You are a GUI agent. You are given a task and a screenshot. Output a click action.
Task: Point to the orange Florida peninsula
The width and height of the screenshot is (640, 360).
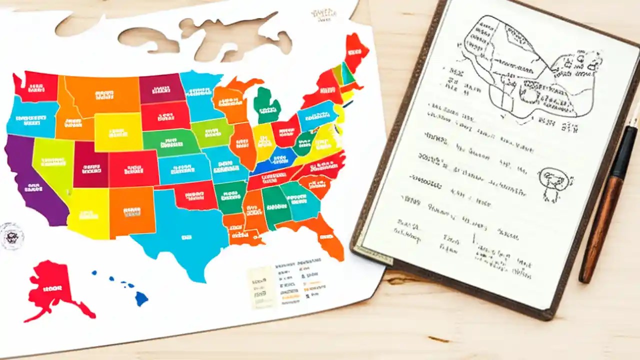327,240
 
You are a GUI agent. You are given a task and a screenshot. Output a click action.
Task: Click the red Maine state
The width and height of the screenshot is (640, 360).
356,50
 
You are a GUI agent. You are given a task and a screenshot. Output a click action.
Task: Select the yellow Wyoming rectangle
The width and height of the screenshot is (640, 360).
118,131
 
